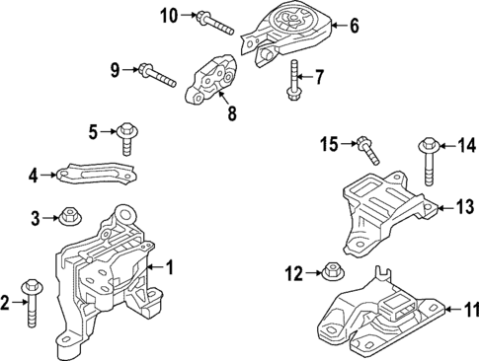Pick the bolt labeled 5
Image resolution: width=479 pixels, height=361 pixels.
point(127,137)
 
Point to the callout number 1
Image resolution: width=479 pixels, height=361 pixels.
point(169,266)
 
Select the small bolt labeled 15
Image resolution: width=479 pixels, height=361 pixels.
point(367,150)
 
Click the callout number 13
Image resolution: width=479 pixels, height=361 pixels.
point(464,206)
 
